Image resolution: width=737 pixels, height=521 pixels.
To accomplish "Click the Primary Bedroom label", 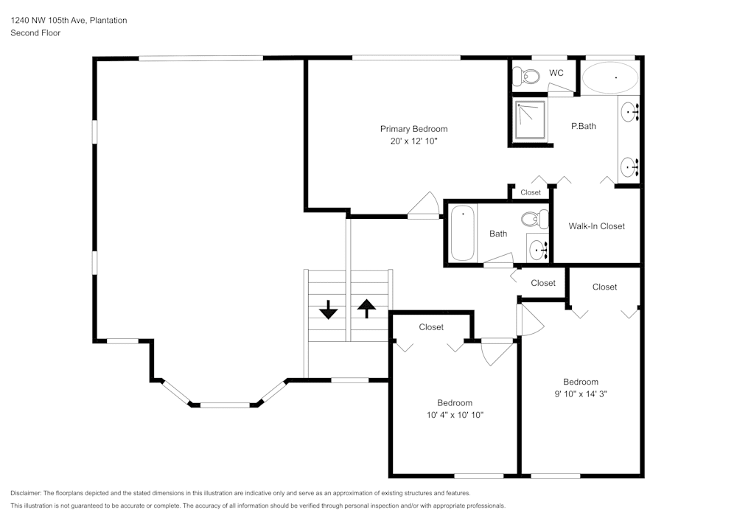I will tap(413, 129).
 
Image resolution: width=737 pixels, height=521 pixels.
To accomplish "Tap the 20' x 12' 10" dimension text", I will tap(413, 141).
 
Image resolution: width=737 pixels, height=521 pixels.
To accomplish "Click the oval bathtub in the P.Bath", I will tap(610, 77).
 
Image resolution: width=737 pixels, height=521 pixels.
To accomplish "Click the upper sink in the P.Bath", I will tap(629, 113).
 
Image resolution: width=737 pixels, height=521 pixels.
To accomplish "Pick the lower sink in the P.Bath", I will tap(629, 167).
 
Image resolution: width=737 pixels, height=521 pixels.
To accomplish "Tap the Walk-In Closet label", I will tap(596, 226).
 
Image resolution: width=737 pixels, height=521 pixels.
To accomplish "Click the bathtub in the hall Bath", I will tap(463, 233).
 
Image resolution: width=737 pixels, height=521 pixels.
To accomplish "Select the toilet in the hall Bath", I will tap(534, 219).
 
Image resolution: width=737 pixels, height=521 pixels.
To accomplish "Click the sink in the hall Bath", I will tap(538, 250).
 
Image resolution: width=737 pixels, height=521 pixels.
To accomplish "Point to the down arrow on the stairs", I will tap(328, 310).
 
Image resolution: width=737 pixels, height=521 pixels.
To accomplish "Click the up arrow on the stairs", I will tap(366, 307).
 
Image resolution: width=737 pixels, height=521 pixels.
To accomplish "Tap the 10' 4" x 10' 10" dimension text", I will tap(454, 415).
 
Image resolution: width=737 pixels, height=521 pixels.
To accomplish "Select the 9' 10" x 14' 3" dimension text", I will tap(580, 394).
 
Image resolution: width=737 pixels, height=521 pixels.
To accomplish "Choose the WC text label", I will tap(556, 73).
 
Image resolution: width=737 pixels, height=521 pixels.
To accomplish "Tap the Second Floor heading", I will tap(35, 33).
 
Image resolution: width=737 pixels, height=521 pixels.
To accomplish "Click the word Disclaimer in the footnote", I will tap(26, 493).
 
